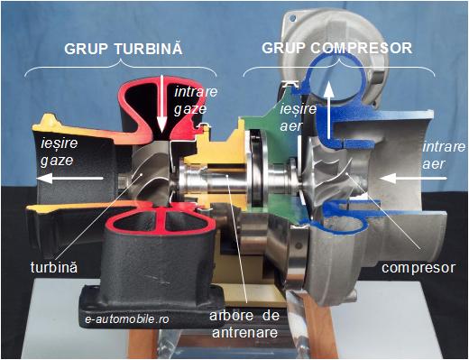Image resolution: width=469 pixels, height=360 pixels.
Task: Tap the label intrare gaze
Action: pos(190,100)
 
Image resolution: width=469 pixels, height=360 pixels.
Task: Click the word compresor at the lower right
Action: pos(418,268)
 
